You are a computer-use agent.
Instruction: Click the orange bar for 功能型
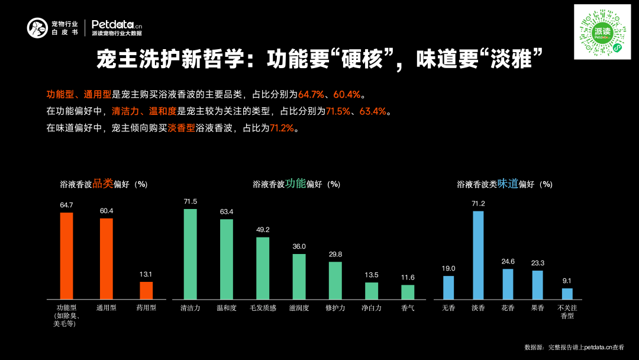point(66,255)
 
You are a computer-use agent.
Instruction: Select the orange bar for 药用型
point(146,290)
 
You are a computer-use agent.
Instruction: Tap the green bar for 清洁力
point(190,253)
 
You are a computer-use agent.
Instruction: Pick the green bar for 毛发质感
point(263,268)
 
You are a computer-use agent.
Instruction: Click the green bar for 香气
point(408,292)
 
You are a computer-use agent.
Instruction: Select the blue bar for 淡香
point(478,255)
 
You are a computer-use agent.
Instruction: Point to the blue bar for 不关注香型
point(567,294)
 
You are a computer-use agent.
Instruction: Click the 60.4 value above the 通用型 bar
point(106,211)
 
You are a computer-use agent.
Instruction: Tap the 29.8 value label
point(335,254)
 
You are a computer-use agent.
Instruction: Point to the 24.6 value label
point(508,261)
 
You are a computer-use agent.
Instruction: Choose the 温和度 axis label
point(227,308)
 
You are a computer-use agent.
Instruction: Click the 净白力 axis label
point(372,308)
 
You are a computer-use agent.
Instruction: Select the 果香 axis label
point(537,308)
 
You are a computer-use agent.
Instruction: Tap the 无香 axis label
point(448,308)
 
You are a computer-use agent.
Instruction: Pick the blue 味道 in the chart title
point(508,184)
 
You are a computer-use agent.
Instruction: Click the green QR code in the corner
point(602,31)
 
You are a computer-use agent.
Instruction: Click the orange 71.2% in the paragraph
point(282,128)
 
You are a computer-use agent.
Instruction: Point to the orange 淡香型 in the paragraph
point(181,128)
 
